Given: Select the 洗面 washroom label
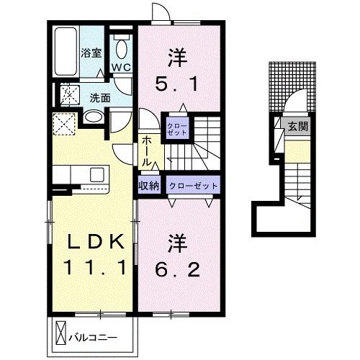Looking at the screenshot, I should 100,96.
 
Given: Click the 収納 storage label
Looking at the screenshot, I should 149,185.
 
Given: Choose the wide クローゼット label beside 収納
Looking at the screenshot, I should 193,185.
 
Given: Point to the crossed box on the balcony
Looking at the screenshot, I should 60,334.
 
